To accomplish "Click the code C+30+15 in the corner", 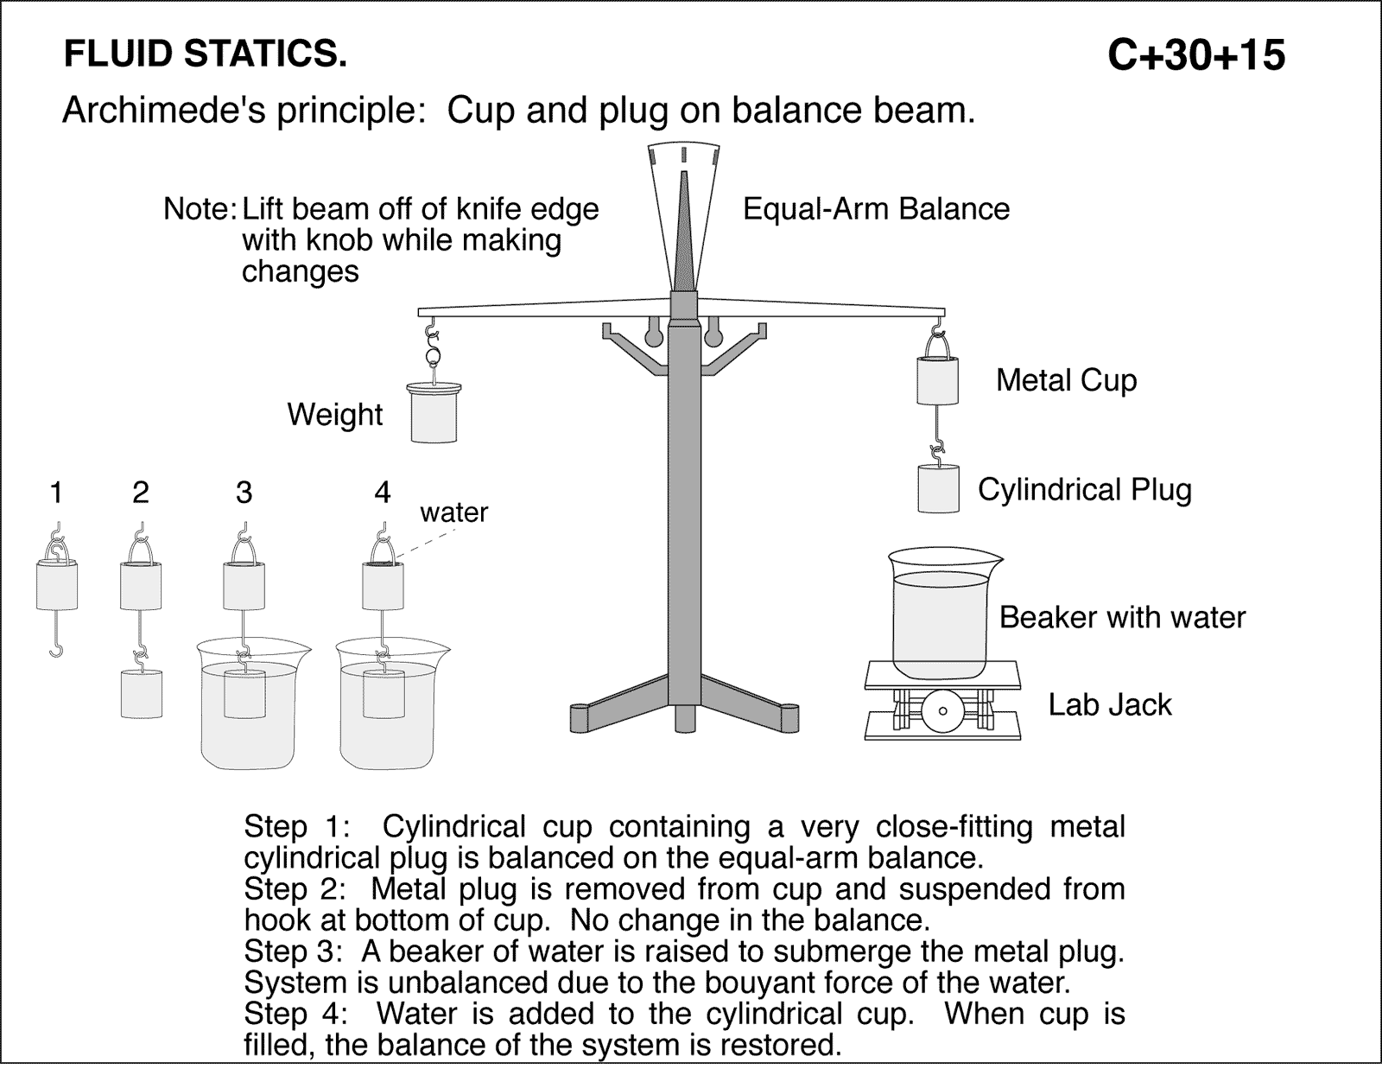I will [1196, 56].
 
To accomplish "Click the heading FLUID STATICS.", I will [206, 54].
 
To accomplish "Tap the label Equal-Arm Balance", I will [876, 209].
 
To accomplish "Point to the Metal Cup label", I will [1066, 380].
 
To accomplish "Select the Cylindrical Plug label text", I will [1084, 490].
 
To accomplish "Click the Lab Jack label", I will [1109, 704].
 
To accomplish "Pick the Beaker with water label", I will [1121, 617].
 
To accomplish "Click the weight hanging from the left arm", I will [434, 414].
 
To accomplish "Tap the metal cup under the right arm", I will [937, 381].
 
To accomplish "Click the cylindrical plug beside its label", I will [938, 488].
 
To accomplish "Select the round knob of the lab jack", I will [942, 711].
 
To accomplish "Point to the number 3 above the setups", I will [244, 493].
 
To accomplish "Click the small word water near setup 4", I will [453, 512].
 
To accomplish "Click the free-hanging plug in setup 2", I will [141, 694].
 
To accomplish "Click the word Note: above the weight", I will [200, 209].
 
